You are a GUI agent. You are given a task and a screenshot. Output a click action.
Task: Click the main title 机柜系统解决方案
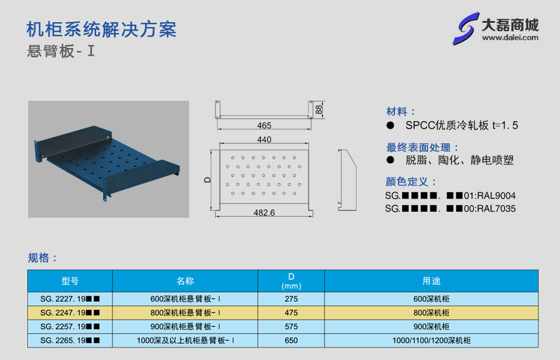click(101, 29)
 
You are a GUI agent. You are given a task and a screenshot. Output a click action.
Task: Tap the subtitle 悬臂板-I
click(61, 51)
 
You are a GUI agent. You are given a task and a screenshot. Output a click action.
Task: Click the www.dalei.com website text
click(510, 37)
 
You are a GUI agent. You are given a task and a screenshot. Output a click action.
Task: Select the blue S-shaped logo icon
click(466, 29)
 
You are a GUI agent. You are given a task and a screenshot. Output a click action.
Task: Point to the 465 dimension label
click(264, 126)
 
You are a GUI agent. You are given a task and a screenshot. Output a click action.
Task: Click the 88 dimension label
click(319, 109)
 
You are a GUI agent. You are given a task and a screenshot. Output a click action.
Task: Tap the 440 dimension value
click(264, 140)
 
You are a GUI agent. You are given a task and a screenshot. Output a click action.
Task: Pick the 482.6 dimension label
click(264, 213)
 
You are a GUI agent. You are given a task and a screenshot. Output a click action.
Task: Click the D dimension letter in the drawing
click(208, 180)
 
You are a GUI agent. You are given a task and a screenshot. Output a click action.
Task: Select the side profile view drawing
click(347, 180)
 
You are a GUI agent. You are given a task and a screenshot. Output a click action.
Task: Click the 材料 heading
click(396, 112)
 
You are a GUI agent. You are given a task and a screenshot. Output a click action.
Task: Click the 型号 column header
click(70, 281)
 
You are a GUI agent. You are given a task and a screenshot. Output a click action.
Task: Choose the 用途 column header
click(432, 281)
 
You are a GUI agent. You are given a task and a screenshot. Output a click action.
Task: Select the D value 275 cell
click(291, 299)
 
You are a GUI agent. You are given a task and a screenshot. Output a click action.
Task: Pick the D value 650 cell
click(291, 340)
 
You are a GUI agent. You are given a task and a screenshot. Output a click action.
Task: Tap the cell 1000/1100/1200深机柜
click(432, 340)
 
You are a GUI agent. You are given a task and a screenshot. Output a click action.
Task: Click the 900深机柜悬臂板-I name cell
click(185, 326)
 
